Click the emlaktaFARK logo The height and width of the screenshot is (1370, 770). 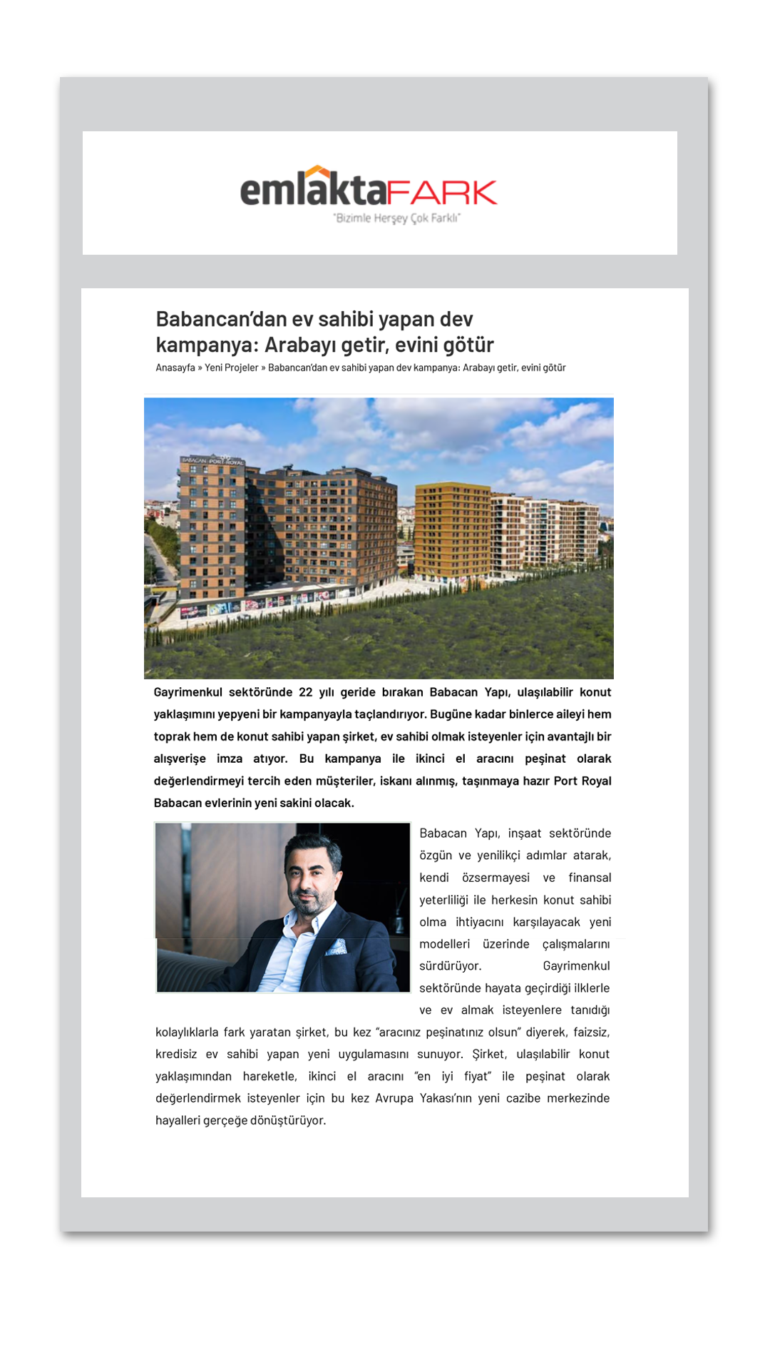(x=369, y=191)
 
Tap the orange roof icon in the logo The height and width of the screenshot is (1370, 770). (x=317, y=172)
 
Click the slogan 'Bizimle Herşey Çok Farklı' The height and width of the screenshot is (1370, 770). (x=397, y=218)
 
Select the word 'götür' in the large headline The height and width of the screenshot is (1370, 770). (x=468, y=345)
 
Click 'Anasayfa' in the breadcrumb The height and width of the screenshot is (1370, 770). (x=175, y=368)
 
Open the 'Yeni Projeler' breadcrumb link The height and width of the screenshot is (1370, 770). (x=232, y=368)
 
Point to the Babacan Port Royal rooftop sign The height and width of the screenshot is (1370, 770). (x=212, y=461)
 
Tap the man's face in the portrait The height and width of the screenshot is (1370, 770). (x=311, y=876)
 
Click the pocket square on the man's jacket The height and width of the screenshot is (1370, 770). (x=337, y=947)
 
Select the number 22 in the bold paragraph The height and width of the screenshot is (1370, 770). (x=306, y=692)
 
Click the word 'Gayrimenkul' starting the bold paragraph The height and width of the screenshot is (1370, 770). (x=188, y=692)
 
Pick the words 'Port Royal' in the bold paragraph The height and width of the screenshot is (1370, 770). (x=582, y=781)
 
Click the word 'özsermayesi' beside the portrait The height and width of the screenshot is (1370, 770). (x=496, y=878)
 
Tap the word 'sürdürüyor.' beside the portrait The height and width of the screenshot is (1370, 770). (x=451, y=966)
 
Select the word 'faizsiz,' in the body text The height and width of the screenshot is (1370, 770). (x=591, y=1032)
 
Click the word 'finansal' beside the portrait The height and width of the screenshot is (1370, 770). (x=590, y=878)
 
